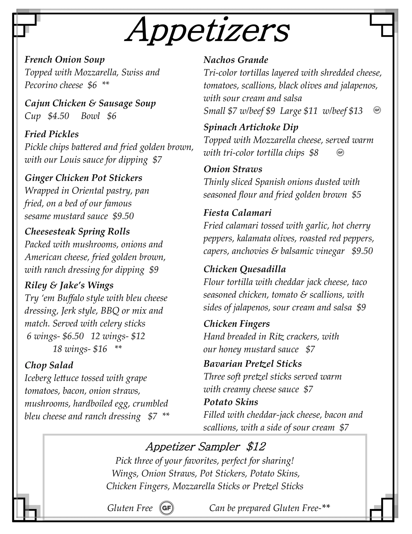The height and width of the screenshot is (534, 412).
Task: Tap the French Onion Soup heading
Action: click(65, 60)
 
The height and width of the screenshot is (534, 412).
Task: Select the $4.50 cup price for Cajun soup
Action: click(58, 116)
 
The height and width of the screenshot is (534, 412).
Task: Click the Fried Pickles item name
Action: click(52, 134)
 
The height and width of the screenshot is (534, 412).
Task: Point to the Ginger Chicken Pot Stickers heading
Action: click(83, 178)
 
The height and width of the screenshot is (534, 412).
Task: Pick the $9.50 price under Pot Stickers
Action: click(123, 216)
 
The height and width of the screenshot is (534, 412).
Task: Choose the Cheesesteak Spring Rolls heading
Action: click(77, 232)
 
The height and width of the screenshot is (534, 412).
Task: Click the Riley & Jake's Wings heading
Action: click(69, 285)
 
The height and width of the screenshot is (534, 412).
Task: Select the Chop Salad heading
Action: click(49, 365)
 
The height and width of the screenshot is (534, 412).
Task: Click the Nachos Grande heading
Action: click(236, 60)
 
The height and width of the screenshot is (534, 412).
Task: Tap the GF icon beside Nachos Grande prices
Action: click(377, 110)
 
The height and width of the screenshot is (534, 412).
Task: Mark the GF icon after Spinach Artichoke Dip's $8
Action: click(340, 152)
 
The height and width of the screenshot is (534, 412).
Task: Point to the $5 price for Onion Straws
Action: click(356, 195)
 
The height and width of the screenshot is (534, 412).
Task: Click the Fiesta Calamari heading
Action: click(237, 213)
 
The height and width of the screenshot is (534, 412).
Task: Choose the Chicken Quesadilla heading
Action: click(245, 269)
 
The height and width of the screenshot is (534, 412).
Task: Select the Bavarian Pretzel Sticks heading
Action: click(252, 364)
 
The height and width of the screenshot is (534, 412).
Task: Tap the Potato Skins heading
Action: click(231, 402)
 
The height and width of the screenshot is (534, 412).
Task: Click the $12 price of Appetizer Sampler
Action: click(256, 447)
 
